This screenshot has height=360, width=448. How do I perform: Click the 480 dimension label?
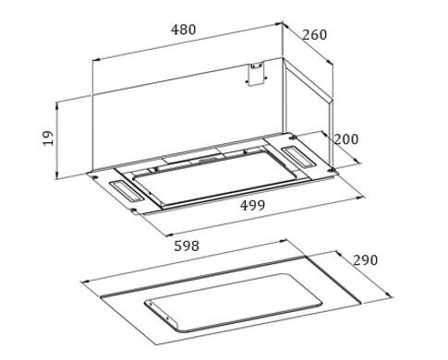coord(184,30)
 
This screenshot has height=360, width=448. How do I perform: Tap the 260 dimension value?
coord(314,35)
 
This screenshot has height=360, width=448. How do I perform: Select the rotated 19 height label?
coord(48,138)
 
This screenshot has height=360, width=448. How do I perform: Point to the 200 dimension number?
coord(346,139)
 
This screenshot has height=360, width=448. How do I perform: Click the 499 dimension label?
coord(252,205)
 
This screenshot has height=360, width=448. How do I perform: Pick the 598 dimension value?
coord(187,246)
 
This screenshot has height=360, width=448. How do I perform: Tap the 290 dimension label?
coord(365,260)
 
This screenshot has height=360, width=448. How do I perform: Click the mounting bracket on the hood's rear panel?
coord(257,74)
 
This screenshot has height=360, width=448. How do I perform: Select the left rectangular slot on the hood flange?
coord(126,191)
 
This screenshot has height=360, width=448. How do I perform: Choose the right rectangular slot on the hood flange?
coord(298,158)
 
